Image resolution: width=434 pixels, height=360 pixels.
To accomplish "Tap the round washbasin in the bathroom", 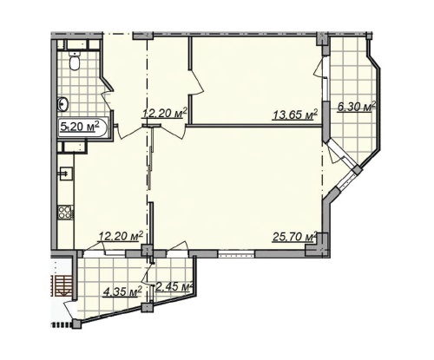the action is [x=63, y=104].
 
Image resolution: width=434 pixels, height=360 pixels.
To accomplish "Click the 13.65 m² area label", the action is [x=295, y=115].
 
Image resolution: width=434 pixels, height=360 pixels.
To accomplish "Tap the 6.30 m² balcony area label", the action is [x=357, y=107].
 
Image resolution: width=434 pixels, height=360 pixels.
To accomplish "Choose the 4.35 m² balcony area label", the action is [x=123, y=291].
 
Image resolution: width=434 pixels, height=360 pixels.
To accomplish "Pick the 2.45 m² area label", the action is [x=174, y=287].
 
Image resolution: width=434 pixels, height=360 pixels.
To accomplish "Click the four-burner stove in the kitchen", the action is [x=66, y=213].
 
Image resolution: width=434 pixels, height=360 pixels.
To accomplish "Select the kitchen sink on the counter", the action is [x=66, y=173].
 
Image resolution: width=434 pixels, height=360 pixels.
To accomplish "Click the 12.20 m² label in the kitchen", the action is [x=121, y=236].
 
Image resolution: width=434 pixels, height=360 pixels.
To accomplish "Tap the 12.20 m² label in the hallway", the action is [x=164, y=113].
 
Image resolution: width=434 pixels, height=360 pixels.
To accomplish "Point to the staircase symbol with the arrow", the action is [x=62, y=285].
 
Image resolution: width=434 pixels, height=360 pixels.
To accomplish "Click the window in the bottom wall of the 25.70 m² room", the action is [x=236, y=254].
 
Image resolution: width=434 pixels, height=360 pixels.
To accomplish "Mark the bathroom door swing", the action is [x=107, y=101].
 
